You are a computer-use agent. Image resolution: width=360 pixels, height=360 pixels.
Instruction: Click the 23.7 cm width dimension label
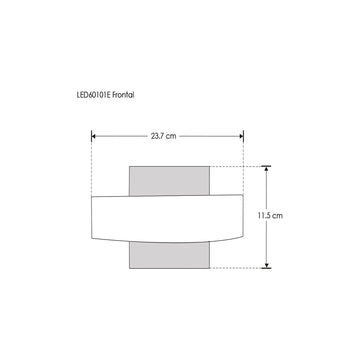[x=163, y=136]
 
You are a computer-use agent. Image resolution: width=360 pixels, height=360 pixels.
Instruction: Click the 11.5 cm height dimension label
[x=270, y=215]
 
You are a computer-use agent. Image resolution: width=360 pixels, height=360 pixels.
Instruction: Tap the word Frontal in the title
[x=123, y=95]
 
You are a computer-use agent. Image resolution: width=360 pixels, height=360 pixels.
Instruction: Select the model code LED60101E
[x=94, y=95]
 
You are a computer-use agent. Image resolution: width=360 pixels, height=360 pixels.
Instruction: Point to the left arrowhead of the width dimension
[x=94, y=136]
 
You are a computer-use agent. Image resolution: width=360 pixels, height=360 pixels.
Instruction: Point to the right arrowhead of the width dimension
[x=241, y=136]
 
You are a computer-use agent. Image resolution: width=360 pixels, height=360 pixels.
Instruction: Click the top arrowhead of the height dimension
[x=266, y=168]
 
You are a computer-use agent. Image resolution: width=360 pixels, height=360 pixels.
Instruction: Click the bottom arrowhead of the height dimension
[x=266, y=265]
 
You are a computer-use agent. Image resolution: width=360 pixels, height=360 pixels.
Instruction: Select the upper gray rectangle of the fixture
[x=169, y=181]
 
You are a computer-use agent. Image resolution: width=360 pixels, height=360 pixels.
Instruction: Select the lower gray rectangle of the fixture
[x=169, y=255]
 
